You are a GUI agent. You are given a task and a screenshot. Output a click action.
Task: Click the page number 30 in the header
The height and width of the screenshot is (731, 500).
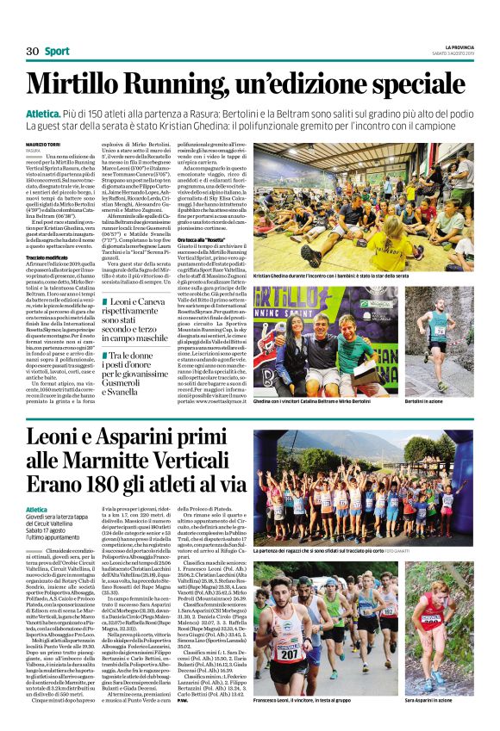33,52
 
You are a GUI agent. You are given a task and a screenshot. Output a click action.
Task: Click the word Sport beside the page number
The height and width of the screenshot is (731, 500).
58,52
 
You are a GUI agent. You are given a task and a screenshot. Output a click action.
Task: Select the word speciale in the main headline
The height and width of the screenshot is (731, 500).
414,83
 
